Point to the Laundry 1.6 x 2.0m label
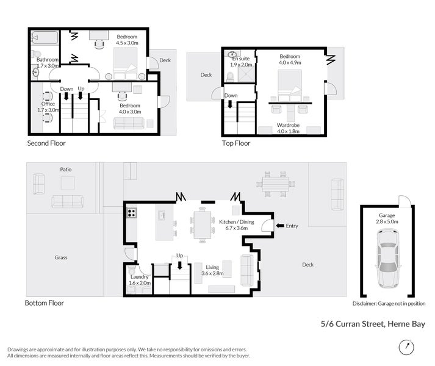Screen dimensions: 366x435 coord(139,279)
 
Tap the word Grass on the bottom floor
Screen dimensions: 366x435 coord(59,257)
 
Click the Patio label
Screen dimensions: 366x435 coord(67,169)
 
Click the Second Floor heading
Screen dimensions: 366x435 coord(46,143)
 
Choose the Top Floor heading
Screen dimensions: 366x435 coord(235,143)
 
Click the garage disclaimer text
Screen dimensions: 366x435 coord(388,303)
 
